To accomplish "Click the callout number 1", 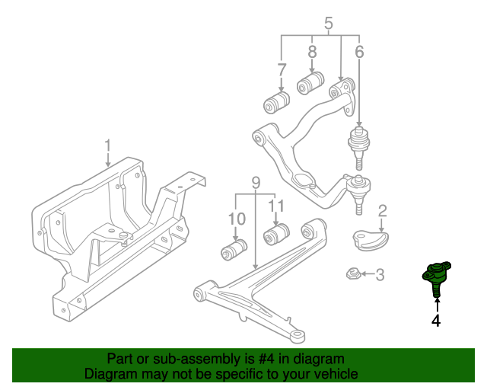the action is [x=108, y=145].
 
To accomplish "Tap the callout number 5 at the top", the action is [x=329, y=24].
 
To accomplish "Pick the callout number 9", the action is [x=256, y=183].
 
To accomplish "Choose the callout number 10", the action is [x=236, y=219].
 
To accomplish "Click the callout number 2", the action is [x=383, y=211].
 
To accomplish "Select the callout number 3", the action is [x=380, y=274].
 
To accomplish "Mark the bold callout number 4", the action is [x=436, y=321].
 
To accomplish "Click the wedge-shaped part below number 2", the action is [x=370, y=239].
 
